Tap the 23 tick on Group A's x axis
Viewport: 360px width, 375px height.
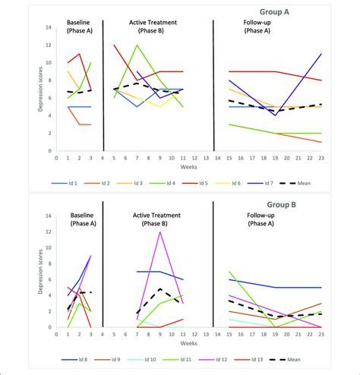click(x=322, y=160)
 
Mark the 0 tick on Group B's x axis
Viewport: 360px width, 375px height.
click(x=56, y=336)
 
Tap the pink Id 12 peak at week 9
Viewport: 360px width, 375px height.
click(x=160, y=232)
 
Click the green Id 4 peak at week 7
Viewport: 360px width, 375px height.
click(x=137, y=45)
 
